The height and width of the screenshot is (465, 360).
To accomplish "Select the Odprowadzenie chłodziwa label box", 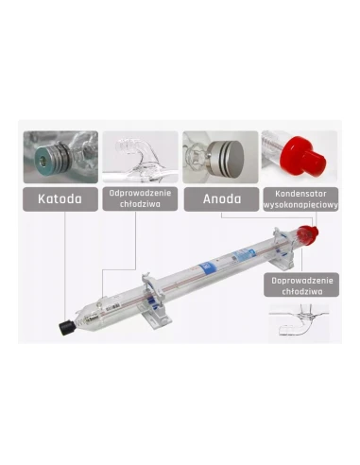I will [140, 199].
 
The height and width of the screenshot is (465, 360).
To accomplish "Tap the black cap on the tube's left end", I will [67, 327].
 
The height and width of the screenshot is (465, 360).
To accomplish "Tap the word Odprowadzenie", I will [140, 194].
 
